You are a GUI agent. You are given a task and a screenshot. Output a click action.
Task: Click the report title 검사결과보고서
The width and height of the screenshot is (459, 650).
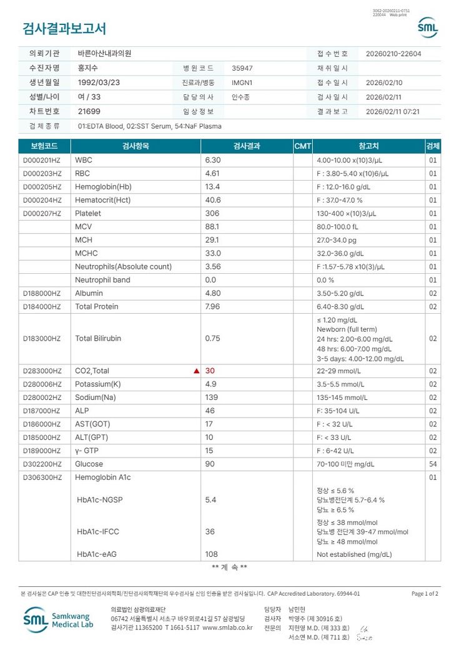pyautogui.click(x=64, y=29)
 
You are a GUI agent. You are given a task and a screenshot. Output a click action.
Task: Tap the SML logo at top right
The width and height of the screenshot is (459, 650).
pyautogui.click(x=428, y=27)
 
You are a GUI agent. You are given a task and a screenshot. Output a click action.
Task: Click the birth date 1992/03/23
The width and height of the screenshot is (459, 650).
pyautogui.click(x=99, y=82)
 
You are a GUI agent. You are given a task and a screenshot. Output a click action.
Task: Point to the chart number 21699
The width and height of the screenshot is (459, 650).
pyautogui.click(x=89, y=111)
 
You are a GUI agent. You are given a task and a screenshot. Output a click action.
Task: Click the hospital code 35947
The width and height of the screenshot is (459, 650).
pyautogui.click(x=242, y=68)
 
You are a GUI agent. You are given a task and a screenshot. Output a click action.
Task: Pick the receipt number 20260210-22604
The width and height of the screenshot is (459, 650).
pyautogui.click(x=393, y=54)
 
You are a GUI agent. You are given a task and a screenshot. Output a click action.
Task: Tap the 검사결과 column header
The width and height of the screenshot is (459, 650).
pyautogui.click(x=246, y=146)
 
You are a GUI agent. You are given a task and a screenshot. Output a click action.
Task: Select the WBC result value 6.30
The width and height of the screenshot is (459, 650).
pyautogui.click(x=213, y=160)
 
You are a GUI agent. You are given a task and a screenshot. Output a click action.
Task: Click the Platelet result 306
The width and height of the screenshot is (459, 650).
pyautogui.click(x=212, y=213)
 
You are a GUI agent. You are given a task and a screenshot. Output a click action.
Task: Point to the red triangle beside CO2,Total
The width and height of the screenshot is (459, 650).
pyautogui.click(x=197, y=371)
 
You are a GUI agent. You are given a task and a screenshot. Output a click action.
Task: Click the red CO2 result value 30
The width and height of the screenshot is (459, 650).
pyautogui.click(x=210, y=371)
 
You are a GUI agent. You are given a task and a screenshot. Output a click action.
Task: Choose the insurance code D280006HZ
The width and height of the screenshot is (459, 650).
pyautogui.click(x=42, y=384)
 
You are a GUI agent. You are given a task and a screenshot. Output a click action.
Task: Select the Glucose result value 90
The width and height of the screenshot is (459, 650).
pyautogui.click(x=210, y=464)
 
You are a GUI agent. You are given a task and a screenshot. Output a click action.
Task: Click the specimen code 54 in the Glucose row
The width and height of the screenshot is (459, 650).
pyautogui.click(x=433, y=464)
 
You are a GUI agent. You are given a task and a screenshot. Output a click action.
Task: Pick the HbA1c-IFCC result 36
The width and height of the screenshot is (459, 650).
pyautogui.click(x=210, y=532)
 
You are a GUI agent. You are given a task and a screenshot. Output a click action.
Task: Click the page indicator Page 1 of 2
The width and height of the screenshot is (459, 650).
pyautogui.click(x=425, y=594)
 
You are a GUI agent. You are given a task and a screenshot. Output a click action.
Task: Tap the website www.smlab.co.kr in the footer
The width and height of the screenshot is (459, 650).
pyautogui.click(x=227, y=627)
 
